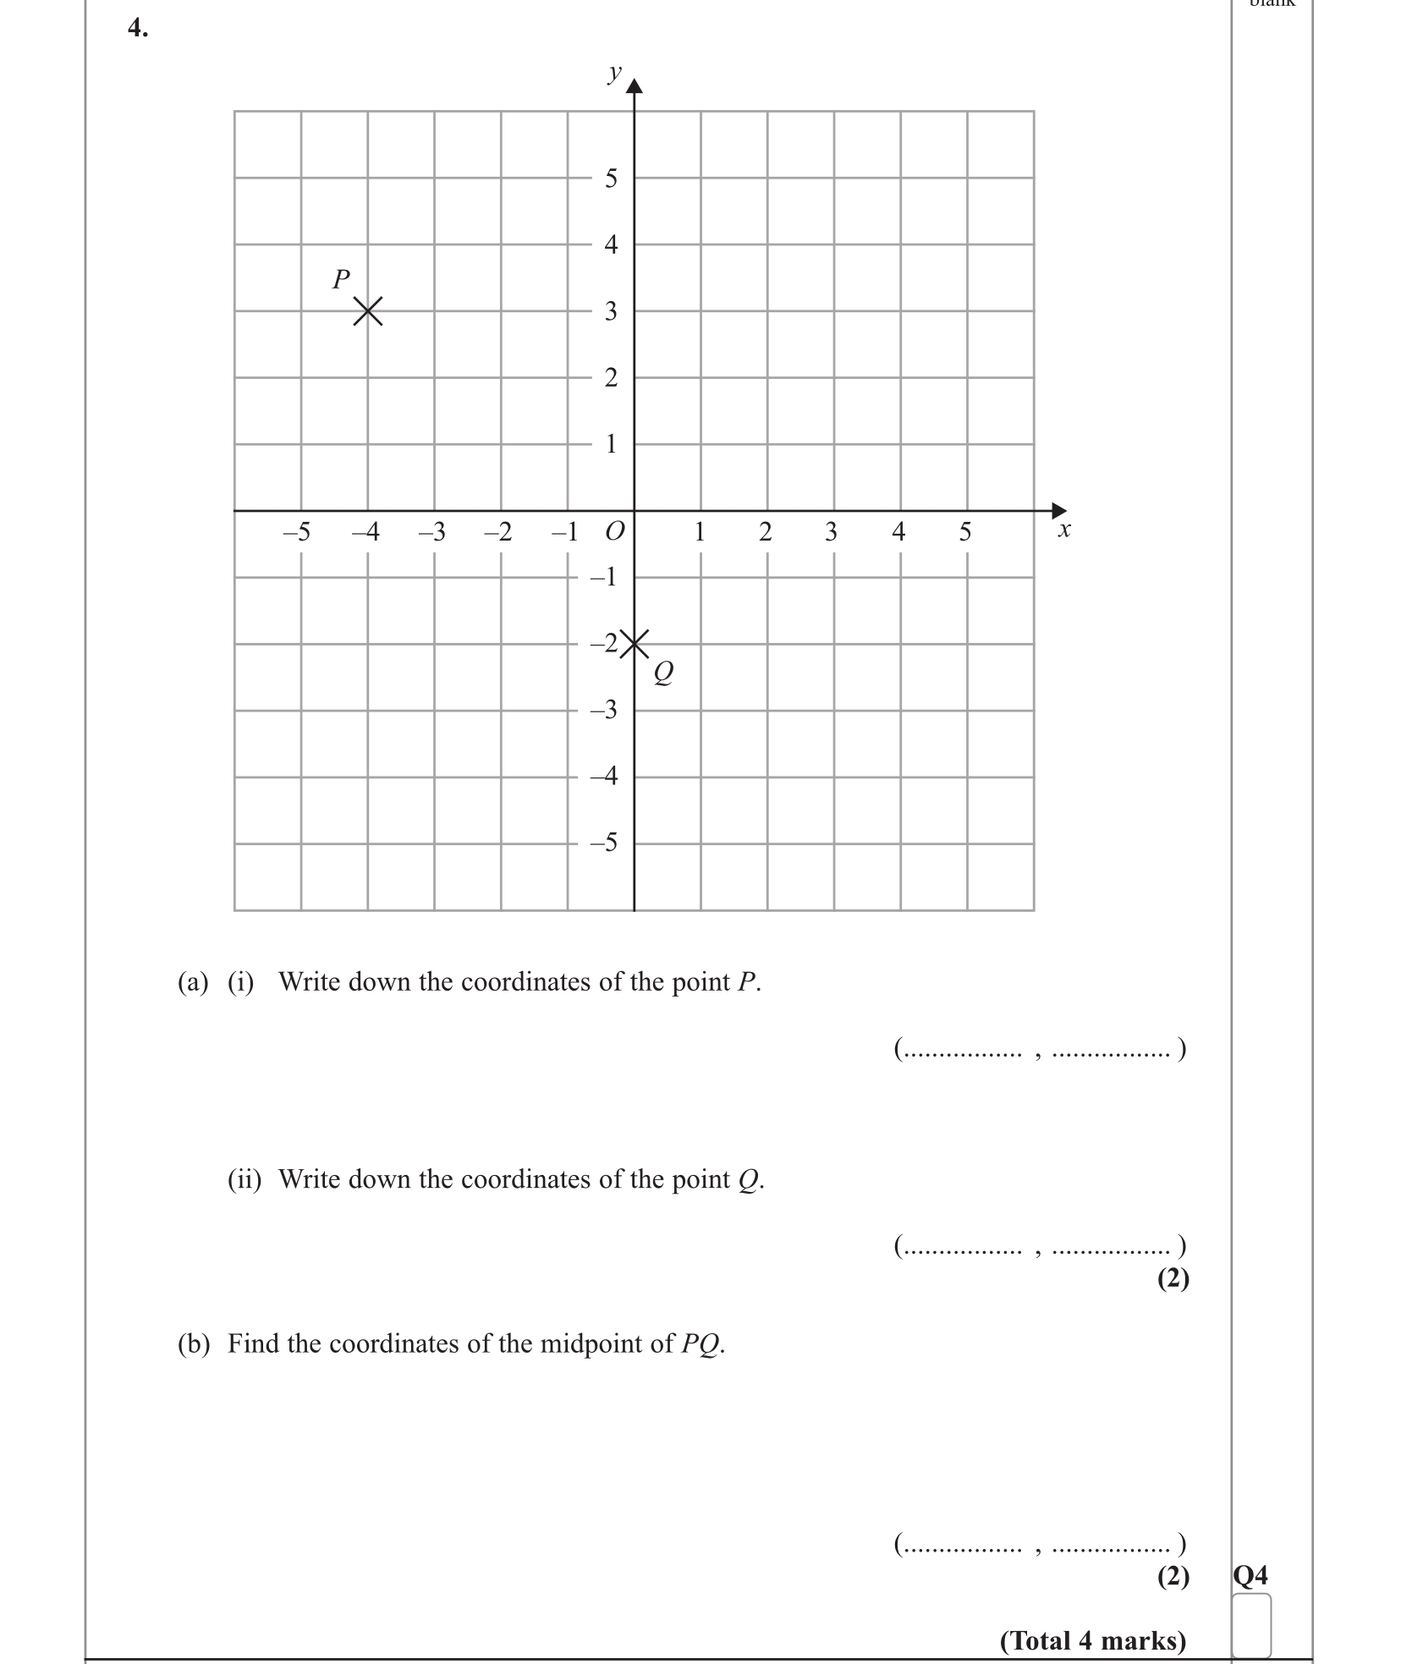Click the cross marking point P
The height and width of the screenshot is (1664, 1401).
point(367,311)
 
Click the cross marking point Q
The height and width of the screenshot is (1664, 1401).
point(635,644)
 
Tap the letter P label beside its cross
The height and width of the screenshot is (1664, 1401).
point(341,279)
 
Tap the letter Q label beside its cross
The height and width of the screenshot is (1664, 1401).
point(663,673)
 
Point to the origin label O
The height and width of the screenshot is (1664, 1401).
point(614,532)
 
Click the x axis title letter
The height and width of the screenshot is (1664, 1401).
point(1064,530)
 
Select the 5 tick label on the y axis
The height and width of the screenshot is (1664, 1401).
point(611,178)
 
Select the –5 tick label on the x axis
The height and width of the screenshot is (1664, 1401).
point(296,532)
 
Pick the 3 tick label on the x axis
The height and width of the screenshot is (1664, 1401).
point(831,532)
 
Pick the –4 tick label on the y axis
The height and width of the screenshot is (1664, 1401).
point(604,776)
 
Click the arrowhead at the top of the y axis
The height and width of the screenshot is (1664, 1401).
point(635,85)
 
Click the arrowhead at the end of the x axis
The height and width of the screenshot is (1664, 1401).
point(1058,510)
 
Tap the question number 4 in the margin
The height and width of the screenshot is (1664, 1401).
point(137,28)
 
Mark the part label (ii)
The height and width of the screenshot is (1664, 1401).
point(244,1179)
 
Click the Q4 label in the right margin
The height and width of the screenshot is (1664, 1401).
point(1250,1575)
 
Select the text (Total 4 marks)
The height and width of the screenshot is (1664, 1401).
point(1093,1640)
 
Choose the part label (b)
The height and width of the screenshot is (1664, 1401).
point(193,1343)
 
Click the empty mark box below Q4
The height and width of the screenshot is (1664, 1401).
point(1251,1624)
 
